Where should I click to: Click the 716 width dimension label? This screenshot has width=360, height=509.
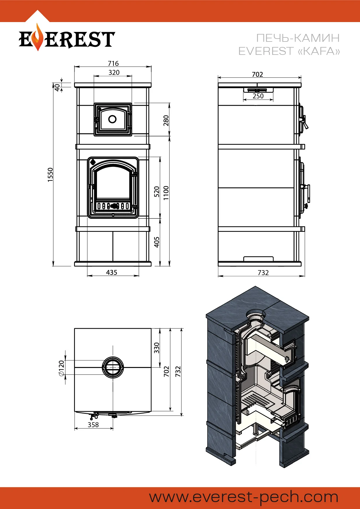pos(113,63)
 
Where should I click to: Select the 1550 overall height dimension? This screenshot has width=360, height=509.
pos(51,175)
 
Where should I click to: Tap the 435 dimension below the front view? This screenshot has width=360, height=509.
pos(111,272)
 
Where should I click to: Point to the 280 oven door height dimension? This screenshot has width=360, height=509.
pos(166,120)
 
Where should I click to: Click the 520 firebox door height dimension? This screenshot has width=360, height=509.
pos(157,192)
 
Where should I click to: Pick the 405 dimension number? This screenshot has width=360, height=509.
pos(157,242)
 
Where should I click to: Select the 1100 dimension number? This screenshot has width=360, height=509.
pos(166,193)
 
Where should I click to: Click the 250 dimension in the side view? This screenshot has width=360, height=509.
pos(258,96)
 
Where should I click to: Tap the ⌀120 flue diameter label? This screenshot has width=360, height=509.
pos(61,369)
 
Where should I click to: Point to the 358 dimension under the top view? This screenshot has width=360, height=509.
pos(93,425)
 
